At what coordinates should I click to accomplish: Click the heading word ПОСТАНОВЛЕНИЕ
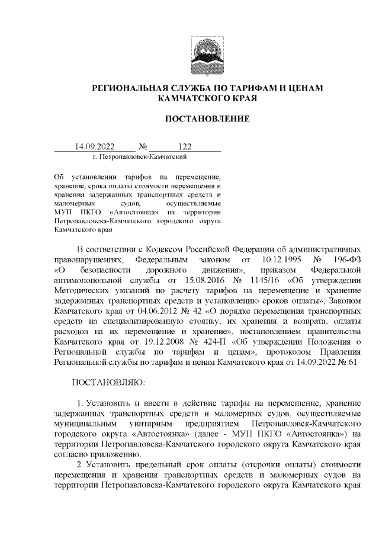coord(207,119)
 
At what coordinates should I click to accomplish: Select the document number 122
coord(185,146)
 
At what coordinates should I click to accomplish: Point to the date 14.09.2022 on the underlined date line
coord(94,146)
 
